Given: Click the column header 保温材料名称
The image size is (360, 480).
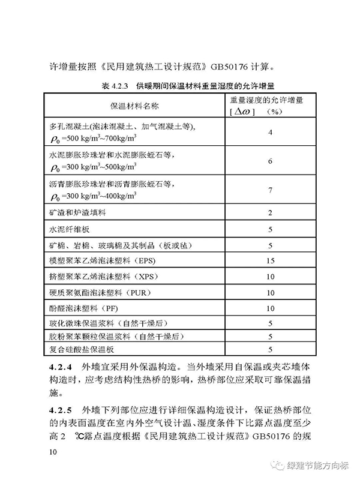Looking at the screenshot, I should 134,106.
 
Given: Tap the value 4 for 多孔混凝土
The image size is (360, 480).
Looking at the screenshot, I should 271,133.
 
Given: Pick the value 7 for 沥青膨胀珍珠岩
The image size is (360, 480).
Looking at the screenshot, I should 271,190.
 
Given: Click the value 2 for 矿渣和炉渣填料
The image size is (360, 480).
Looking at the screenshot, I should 271,213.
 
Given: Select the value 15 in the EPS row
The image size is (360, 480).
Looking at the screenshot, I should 271,261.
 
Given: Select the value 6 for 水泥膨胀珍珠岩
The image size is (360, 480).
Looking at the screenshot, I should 271,161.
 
